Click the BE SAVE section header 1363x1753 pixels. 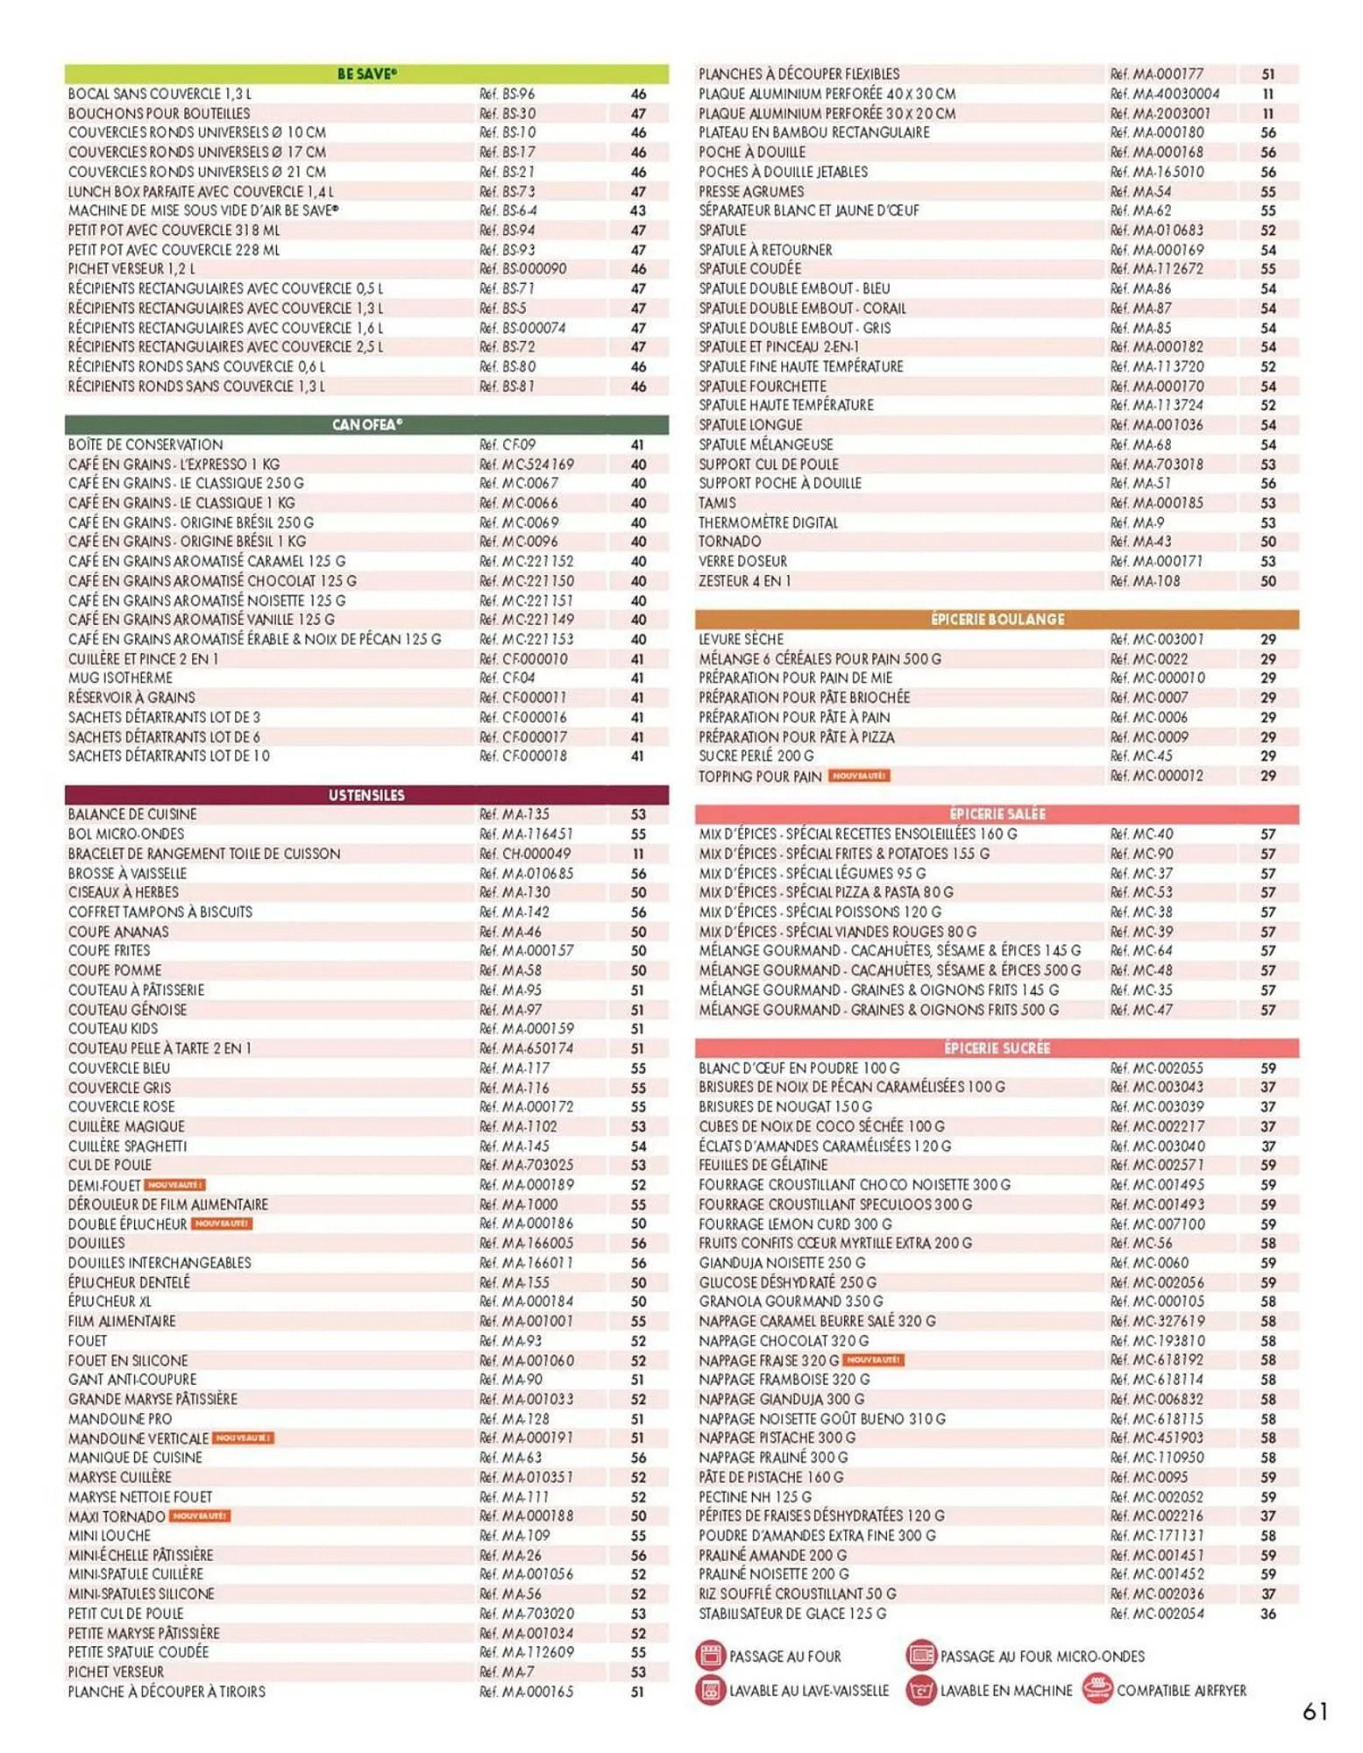366,75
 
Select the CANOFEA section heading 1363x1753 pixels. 366,425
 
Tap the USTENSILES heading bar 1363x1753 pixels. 366,795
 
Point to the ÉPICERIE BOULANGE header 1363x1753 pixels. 997,620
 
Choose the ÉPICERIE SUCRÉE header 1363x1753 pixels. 997,1048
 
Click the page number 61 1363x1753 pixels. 1315,1711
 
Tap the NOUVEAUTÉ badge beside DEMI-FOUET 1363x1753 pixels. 174,1185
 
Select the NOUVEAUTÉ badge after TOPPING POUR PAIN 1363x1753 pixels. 859,776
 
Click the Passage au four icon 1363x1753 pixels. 710,1656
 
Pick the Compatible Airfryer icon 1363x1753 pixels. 1097,1689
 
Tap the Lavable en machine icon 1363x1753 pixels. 920,1690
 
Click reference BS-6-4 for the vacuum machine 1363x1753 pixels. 508,211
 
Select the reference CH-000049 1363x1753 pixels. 525,854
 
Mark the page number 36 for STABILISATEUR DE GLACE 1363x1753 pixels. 1267,1614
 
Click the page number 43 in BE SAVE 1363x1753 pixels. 638,211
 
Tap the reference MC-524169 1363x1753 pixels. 527,465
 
